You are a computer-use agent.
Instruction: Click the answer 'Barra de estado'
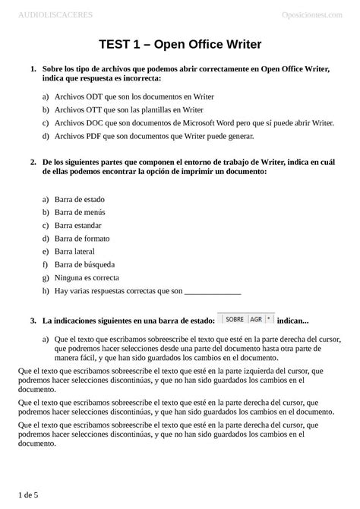(x=79, y=199)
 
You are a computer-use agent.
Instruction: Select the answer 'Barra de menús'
(x=79, y=212)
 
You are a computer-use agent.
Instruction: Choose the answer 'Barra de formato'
(x=81, y=239)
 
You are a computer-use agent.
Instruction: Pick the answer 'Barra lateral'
(x=74, y=251)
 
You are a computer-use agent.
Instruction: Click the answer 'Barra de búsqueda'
(x=84, y=264)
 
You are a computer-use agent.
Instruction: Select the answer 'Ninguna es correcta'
(x=87, y=277)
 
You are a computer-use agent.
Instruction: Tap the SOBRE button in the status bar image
(x=234, y=319)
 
